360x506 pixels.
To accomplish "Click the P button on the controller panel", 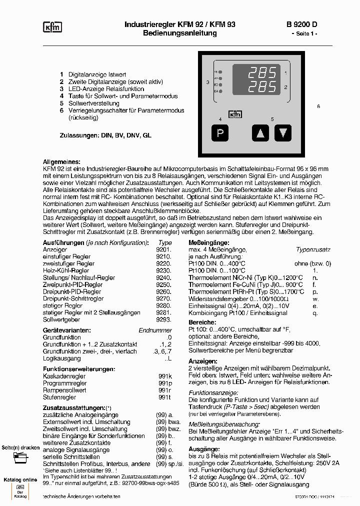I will pos(220,133).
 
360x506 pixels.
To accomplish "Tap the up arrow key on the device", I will pos(260,133).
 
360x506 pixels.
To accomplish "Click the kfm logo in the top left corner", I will pos(52,28).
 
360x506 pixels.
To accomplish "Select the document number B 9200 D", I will pos(301,24).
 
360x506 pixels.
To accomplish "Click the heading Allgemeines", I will pos(61,162).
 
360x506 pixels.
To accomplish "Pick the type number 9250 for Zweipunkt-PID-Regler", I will pos(164,284).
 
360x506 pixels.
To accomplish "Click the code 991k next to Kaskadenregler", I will pos(165,376).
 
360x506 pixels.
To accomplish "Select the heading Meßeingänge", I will pos(206,242).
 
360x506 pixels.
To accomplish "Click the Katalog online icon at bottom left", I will pos(20,491).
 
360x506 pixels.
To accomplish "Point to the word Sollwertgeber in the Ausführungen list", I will pos(61,319).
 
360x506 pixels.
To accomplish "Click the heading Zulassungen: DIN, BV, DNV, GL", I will pos(105,135).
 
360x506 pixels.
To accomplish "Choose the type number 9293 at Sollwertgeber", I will pos(164,319).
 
